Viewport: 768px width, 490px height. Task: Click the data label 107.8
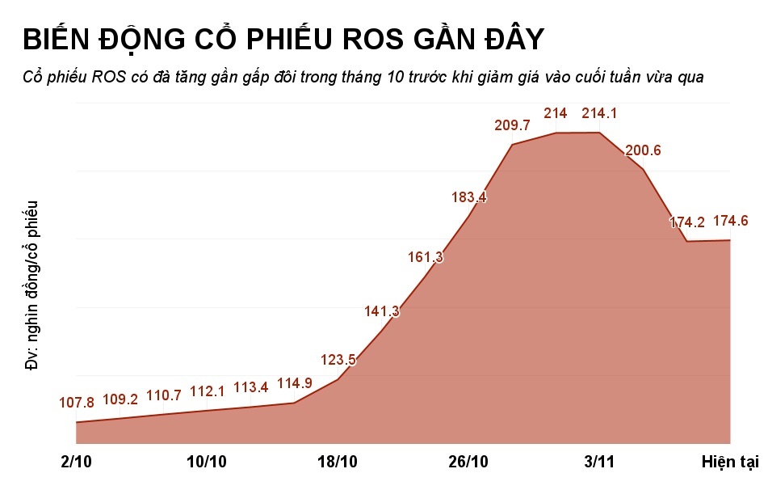click(77, 402)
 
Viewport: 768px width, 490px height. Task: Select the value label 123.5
click(338, 359)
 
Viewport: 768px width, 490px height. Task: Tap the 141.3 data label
click(382, 311)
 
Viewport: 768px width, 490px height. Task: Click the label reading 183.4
click(470, 196)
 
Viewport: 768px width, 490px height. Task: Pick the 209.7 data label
click(512, 125)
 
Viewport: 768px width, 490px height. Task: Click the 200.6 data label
click(643, 150)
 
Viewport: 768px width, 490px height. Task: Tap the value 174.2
click(687, 222)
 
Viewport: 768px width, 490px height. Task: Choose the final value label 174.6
click(731, 221)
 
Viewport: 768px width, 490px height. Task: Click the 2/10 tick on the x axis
click(76, 462)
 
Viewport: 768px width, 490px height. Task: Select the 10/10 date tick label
click(207, 462)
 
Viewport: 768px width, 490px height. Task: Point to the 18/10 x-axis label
click(338, 462)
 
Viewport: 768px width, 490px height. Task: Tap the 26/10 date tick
click(469, 462)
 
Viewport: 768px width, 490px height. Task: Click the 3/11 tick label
click(599, 462)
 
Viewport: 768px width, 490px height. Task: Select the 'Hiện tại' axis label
click(729, 462)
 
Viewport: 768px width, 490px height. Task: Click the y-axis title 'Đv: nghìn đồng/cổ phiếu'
click(32, 285)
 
